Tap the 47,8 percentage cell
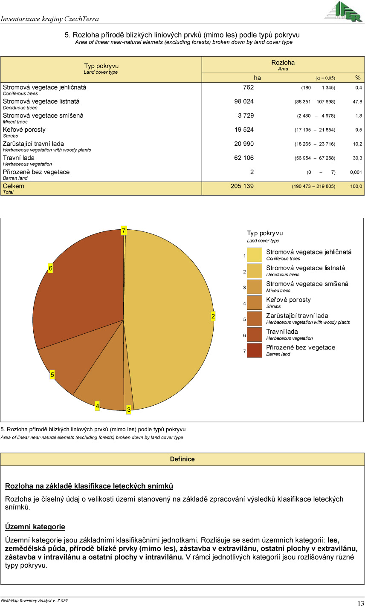click(x=357, y=102)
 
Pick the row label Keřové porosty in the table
click(x=24, y=130)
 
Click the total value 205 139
click(x=242, y=186)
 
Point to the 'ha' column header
click(x=257, y=78)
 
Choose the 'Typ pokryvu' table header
click(x=101, y=66)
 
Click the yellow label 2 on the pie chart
click(x=213, y=316)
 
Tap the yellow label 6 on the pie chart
click(x=50, y=268)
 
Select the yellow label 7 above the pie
click(x=124, y=231)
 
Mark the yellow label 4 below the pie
click(x=97, y=406)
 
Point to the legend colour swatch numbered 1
click(x=255, y=255)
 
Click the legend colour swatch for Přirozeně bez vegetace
click(x=255, y=350)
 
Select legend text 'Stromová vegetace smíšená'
click(x=307, y=284)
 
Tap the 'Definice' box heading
click(x=182, y=459)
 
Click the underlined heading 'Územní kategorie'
click(x=35, y=527)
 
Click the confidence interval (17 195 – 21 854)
click(x=315, y=130)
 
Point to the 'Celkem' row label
click(x=14, y=186)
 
